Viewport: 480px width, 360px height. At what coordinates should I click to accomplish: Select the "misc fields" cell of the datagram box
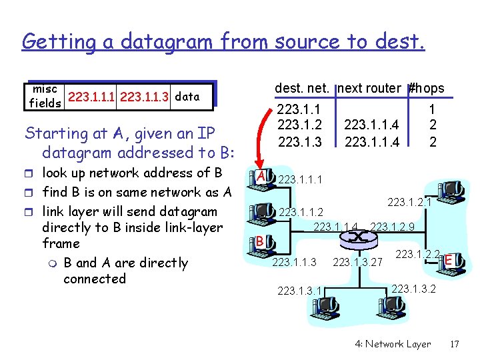tap(45, 97)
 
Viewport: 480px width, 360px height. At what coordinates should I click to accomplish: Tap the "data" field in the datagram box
tap(187, 96)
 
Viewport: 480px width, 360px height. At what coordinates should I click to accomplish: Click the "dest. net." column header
tap(304, 88)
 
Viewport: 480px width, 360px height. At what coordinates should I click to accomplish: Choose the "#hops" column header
tap(426, 88)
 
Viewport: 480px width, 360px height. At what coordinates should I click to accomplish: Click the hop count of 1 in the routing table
tap(432, 108)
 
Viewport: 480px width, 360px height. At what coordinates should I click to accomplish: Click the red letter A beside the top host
tap(263, 176)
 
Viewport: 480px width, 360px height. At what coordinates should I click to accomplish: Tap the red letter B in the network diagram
tap(261, 241)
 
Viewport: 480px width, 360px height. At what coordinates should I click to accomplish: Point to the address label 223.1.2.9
tap(393, 227)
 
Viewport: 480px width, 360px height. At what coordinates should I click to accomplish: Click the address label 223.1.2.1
tap(410, 200)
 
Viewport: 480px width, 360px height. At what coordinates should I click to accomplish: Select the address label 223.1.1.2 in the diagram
tap(301, 212)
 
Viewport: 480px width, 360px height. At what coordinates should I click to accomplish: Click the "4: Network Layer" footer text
tap(393, 344)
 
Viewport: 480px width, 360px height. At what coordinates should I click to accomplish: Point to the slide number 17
tap(455, 344)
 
